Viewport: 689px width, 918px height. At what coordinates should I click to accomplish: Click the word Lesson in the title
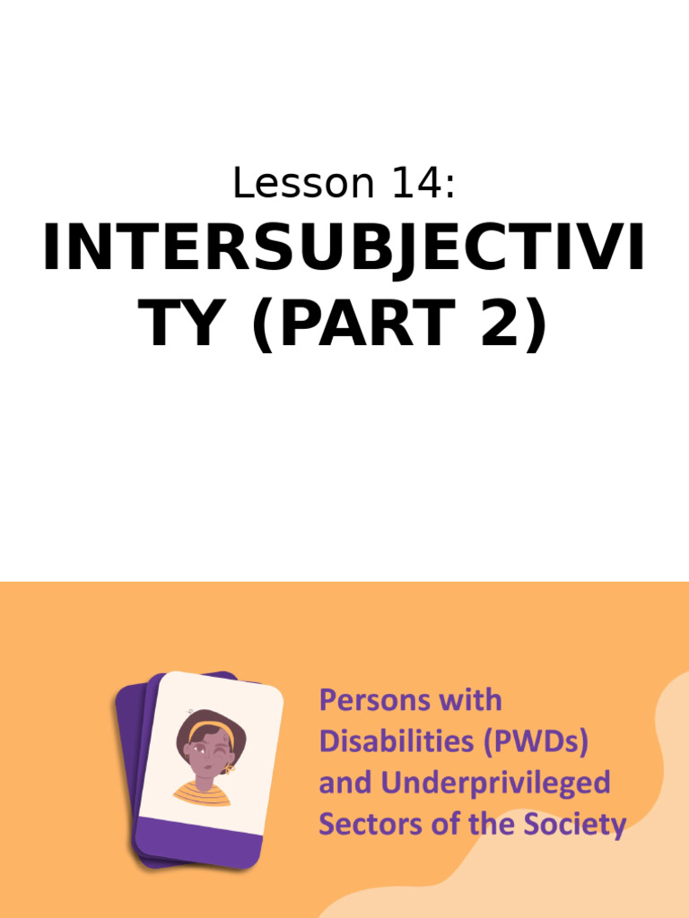pos(290,184)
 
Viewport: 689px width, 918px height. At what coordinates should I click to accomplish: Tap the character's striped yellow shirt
pos(203,793)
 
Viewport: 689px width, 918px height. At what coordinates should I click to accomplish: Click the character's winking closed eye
pos(220,747)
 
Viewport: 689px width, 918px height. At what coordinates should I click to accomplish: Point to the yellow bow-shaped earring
pos(228,768)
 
